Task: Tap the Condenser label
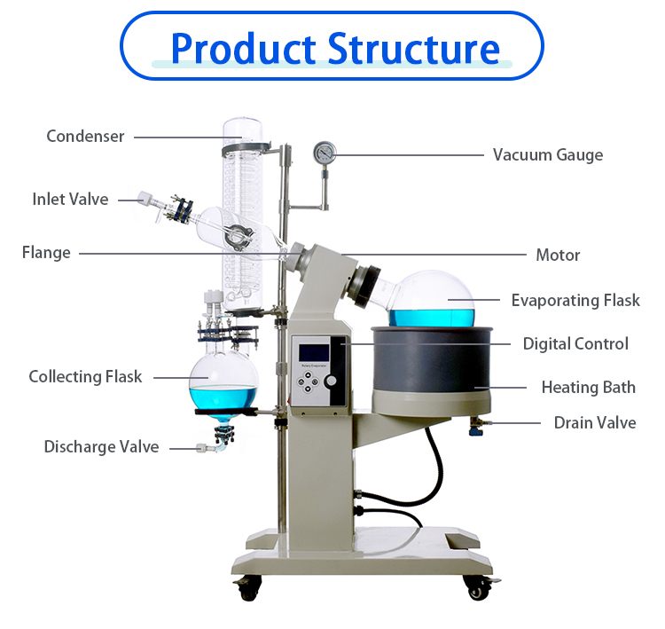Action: (85, 136)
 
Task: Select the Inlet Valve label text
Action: (70, 199)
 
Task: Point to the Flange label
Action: (46, 253)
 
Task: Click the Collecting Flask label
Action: (85, 376)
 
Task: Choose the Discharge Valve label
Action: (101, 446)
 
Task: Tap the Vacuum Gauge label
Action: (547, 154)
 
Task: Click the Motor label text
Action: (558, 255)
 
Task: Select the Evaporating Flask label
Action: (575, 300)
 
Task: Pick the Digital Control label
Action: (575, 343)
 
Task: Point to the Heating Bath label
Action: (588, 387)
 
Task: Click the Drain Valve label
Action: (595, 422)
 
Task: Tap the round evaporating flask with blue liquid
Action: (433, 300)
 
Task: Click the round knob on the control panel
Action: (332, 381)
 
